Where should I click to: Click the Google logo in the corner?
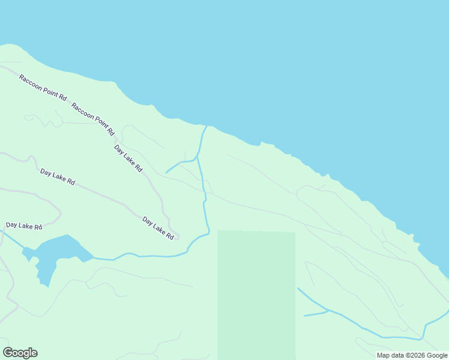click(x=20, y=353)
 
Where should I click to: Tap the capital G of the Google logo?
click(x=8, y=353)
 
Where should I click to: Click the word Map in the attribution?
click(x=384, y=355)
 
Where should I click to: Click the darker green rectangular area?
click(x=256, y=294)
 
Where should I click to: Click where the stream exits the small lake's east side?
click(x=93, y=259)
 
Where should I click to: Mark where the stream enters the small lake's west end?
click(x=24, y=248)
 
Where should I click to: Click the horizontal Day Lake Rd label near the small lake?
click(x=24, y=226)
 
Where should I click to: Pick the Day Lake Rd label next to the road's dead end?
click(x=158, y=229)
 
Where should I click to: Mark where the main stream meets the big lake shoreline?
click(x=206, y=126)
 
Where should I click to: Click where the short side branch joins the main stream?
click(x=197, y=159)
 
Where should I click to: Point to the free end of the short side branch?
click(x=166, y=173)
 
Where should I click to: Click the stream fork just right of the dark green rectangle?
click(x=328, y=311)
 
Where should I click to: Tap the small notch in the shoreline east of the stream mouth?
click(x=262, y=143)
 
